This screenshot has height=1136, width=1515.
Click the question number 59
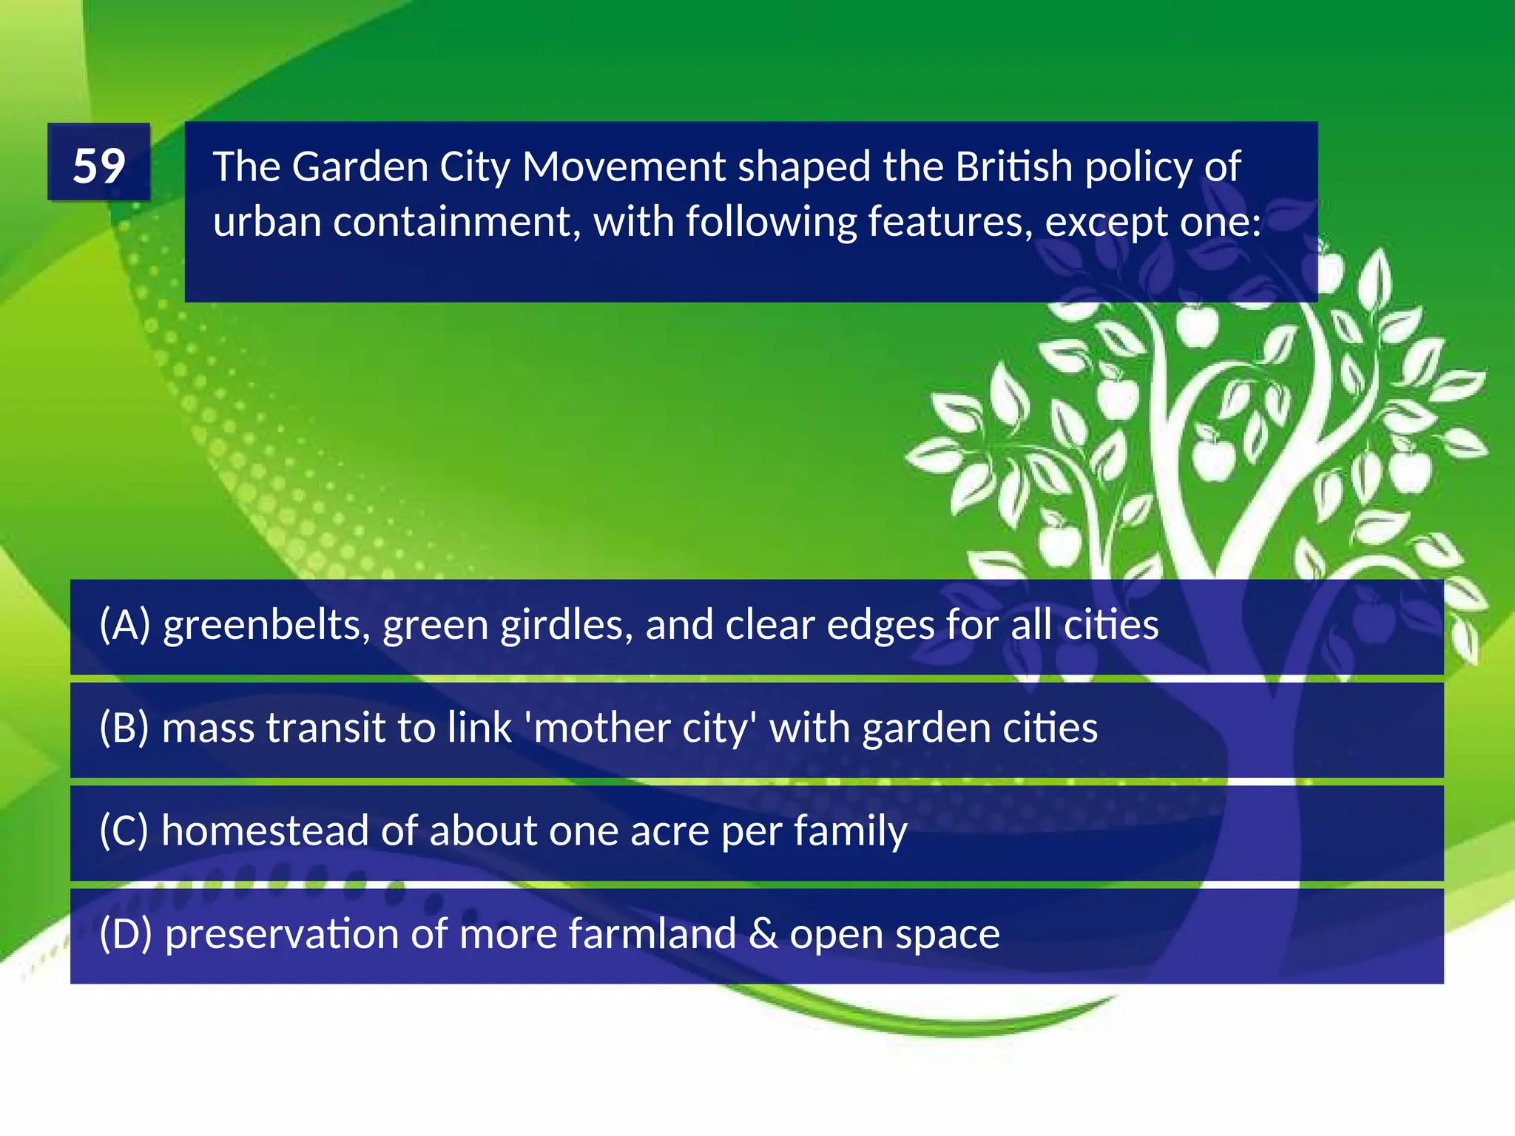point(99,165)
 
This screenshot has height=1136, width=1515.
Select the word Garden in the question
point(360,166)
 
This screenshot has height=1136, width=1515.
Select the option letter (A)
point(125,625)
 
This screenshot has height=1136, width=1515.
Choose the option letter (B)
point(124,728)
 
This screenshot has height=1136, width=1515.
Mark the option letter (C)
point(124,831)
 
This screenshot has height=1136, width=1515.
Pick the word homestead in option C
point(266,831)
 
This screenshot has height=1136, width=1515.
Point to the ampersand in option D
point(763,933)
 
